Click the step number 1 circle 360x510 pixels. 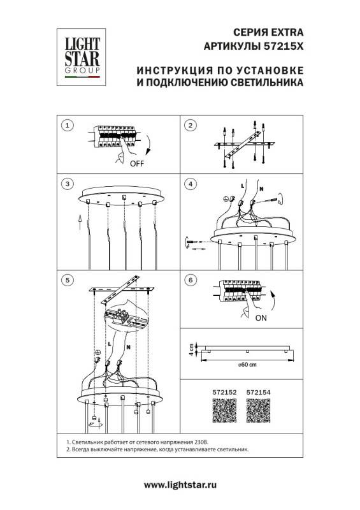(x=68, y=124)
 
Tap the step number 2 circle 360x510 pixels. (x=189, y=124)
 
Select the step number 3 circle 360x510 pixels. (x=68, y=184)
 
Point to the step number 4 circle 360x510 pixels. (x=189, y=184)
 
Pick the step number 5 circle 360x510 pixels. (x=68, y=280)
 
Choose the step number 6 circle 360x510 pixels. (x=189, y=280)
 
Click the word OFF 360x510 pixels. (x=137, y=163)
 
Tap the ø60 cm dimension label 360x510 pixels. (x=247, y=365)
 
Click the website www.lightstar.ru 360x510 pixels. (x=180, y=486)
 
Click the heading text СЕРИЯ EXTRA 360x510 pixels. (x=270, y=31)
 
